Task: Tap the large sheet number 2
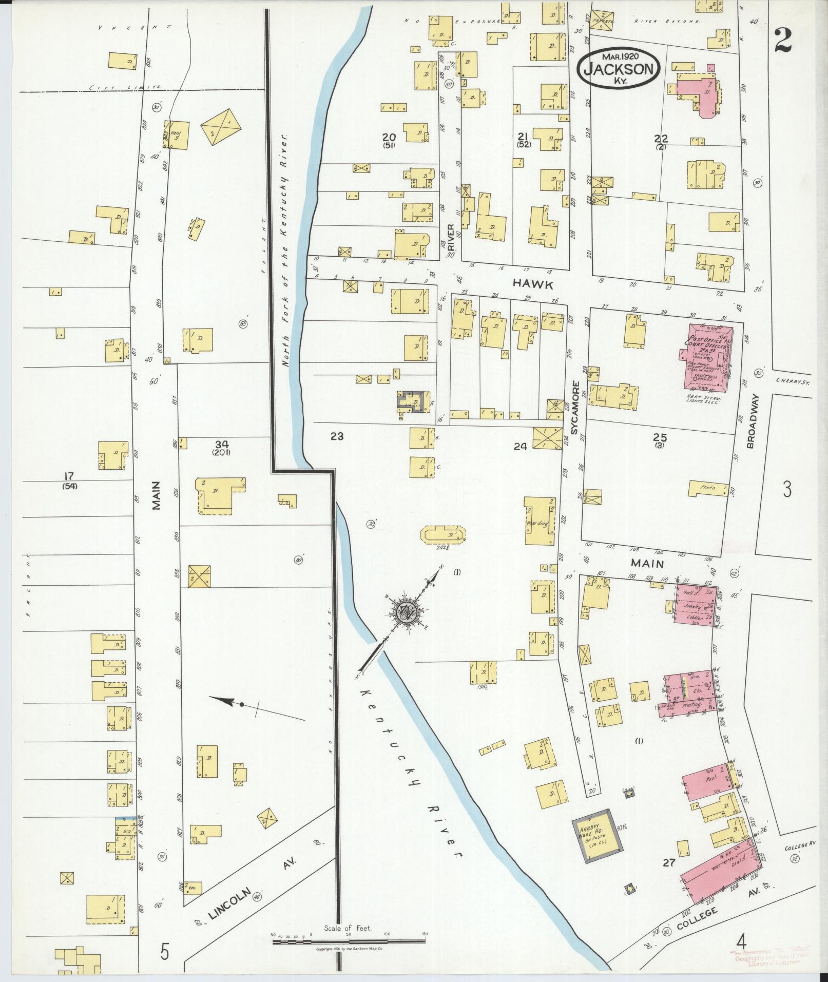pyautogui.click(x=783, y=40)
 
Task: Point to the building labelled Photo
pyautogui.click(x=708, y=488)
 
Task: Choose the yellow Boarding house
pyautogui.click(x=539, y=522)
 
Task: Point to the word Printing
pyautogui.click(x=691, y=705)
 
